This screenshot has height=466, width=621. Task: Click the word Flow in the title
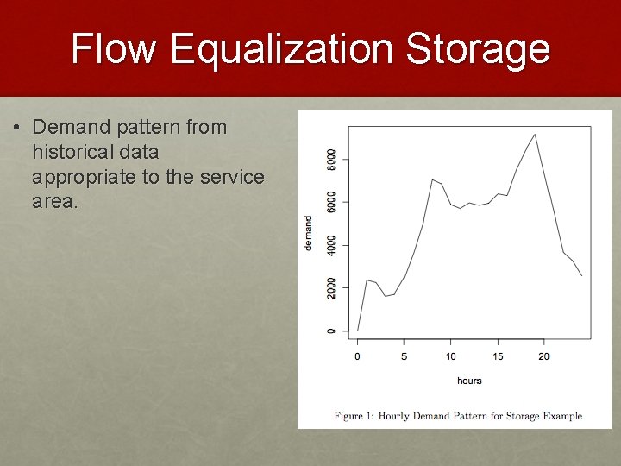[114, 48]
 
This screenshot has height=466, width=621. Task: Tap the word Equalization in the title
[279, 48]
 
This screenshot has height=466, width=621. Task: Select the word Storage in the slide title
[477, 48]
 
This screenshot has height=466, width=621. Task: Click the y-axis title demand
[309, 233]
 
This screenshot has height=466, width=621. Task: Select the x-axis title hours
[469, 381]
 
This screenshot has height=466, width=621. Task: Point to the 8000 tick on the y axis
[332, 160]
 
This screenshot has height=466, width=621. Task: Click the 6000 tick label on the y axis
[332, 202]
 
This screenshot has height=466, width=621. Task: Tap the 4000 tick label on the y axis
[332, 245]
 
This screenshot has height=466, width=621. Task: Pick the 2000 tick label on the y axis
[332, 287]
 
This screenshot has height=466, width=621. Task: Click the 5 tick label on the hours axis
[405, 356]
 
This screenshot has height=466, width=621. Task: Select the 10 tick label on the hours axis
[451, 356]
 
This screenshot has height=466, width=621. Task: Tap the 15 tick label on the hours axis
[498, 356]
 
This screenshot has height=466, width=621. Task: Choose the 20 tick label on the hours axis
[544, 356]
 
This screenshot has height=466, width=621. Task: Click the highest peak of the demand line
[535, 134]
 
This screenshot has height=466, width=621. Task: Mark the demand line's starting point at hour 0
[358, 331]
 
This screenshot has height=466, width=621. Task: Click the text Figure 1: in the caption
[354, 416]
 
